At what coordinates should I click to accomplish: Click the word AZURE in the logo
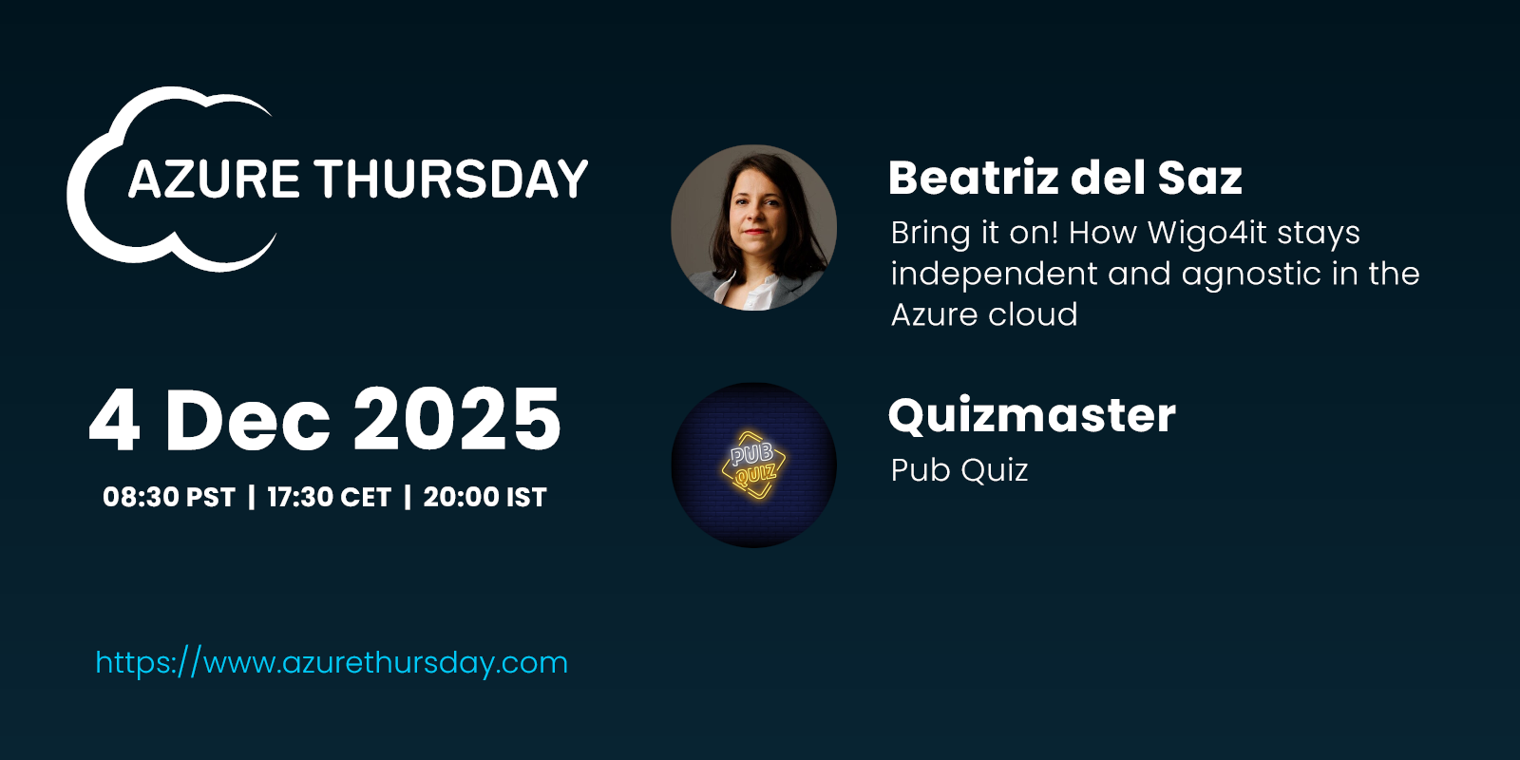[x=214, y=180]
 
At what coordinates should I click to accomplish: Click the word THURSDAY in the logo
[x=452, y=180]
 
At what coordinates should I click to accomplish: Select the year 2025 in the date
[x=457, y=419]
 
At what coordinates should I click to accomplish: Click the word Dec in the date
[x=247, y=419]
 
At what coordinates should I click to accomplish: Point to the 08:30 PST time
[x=169, y=498]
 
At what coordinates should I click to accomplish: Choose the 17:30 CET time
[x=329, y=498]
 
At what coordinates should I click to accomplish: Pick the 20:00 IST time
[x=485, y=498]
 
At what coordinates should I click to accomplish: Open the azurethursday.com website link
[x=332, y=663]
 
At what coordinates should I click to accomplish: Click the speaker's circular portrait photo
[x=754, y=227]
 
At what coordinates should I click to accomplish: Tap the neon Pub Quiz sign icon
[x=754, y=465]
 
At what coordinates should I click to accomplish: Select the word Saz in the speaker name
[x=1200, y=178]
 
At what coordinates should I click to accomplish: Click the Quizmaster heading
[x=1032, y=415]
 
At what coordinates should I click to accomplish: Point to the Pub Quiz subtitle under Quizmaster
[x=959, y=470]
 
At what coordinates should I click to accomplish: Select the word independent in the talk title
[x=994, y=274]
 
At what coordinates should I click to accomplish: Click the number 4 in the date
[x=115, y=419]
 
